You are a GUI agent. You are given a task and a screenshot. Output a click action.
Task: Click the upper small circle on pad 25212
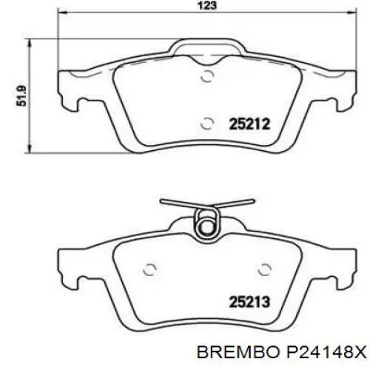tap(208, 75)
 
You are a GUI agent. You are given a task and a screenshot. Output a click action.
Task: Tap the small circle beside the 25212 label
tap(208, 124)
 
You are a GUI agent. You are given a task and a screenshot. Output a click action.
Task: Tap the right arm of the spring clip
tap(239, 204)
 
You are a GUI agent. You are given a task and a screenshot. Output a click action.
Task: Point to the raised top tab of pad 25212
tap(208, 49)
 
